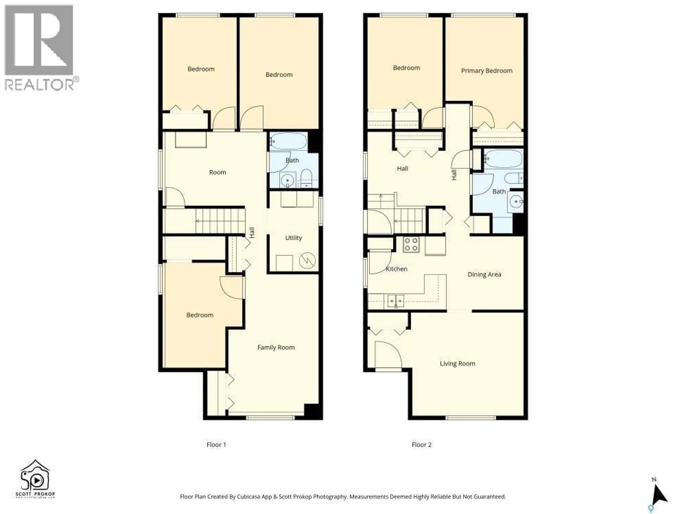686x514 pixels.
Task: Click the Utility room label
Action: click(x=293, y=238)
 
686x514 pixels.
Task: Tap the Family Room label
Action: click(x=276, y=347)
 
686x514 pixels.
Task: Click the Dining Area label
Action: click(x=484, y=274)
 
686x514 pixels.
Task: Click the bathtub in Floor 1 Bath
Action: click(x=288, y=142)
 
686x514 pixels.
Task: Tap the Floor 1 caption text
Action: click(x=216, y=445)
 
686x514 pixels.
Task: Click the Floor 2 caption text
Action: click(x=421, y=445)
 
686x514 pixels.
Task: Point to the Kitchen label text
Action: click(x=396, y=269)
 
